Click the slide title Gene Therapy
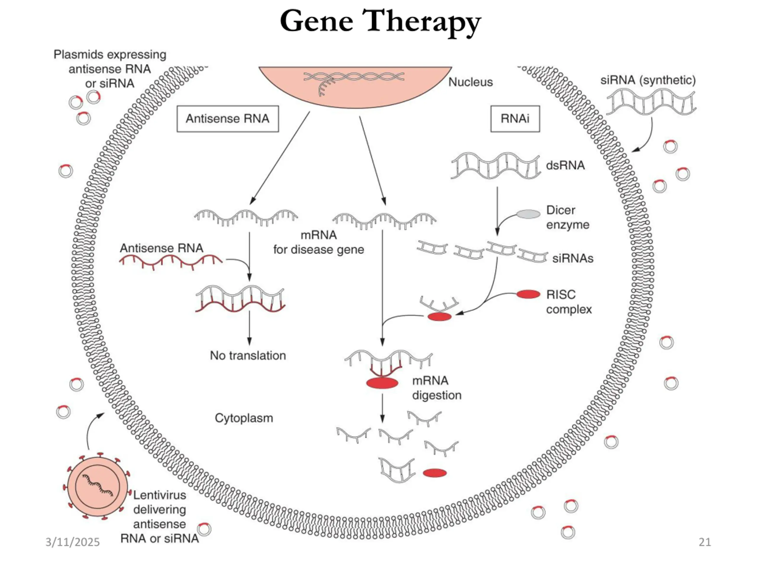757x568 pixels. (380, 21)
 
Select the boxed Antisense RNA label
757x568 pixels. (228, 119)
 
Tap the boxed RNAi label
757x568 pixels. (515, 119)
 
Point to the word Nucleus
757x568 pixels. (470, 82)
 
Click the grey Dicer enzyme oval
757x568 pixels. (528, 214)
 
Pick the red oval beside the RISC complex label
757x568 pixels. (528, 294)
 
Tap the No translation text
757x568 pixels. (248, 356)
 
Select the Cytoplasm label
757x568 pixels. (244, 418)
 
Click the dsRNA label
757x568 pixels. (565, 165)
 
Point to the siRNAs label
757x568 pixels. (572, 259)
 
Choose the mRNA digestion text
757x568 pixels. (436, 388)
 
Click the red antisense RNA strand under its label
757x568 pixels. (170, 262)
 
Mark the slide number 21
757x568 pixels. (705, 542)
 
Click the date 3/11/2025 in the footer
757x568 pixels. (72, 542)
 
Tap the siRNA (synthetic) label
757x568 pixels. (648, 80)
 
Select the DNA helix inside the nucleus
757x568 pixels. (354, 77)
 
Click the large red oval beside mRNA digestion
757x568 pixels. (382, 383)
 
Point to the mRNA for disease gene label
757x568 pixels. (318, 242)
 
